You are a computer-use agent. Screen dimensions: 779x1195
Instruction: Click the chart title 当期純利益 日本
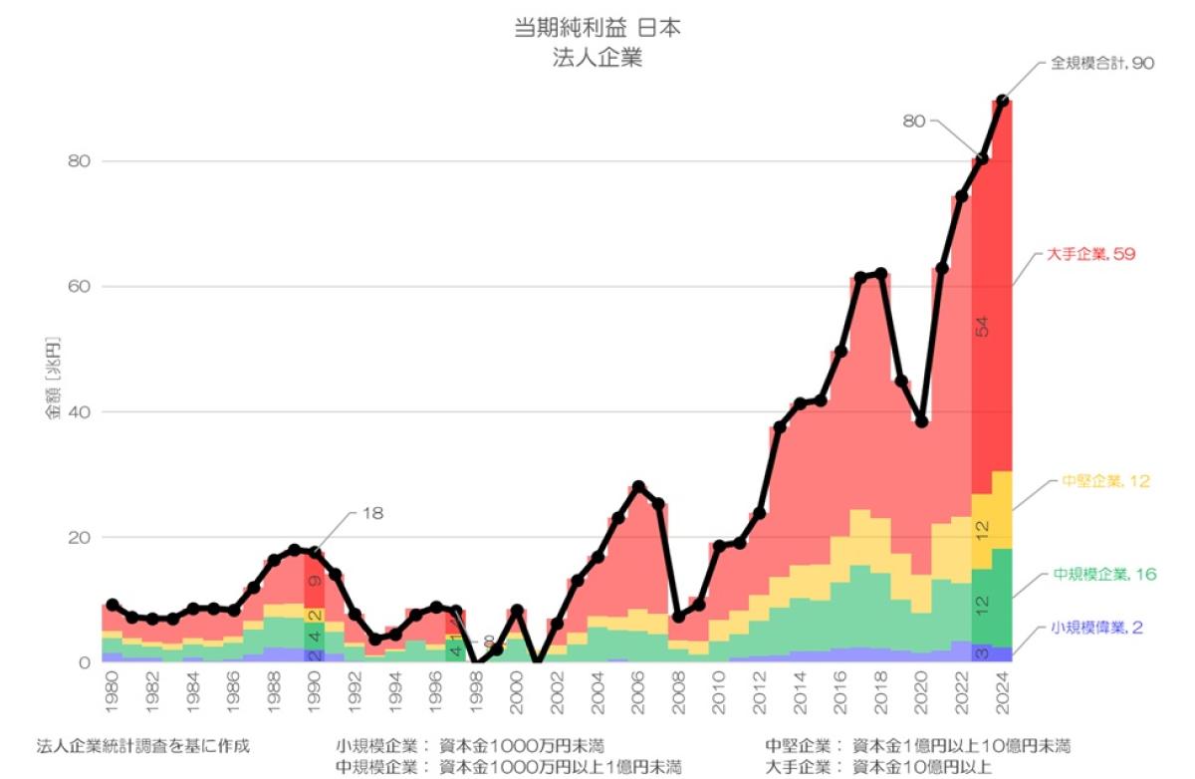(597, 29)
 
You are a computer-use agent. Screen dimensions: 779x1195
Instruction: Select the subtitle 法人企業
(597, 58)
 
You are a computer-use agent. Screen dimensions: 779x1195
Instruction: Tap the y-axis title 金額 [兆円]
(54, 379)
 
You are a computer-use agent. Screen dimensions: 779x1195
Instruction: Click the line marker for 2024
(1003, 101)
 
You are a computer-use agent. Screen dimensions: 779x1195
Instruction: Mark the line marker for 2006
(638, 486)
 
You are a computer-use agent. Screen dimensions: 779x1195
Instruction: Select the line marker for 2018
(880, 274)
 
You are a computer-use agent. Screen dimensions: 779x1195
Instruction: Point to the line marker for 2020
(921, 421)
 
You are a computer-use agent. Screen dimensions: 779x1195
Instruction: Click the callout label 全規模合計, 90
(1101, 63)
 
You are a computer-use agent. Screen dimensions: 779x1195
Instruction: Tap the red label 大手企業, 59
(1090, 255)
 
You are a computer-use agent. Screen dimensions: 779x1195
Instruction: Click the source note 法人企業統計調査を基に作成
(143, 746)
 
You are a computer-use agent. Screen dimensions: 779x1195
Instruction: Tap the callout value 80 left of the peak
(914, 122)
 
